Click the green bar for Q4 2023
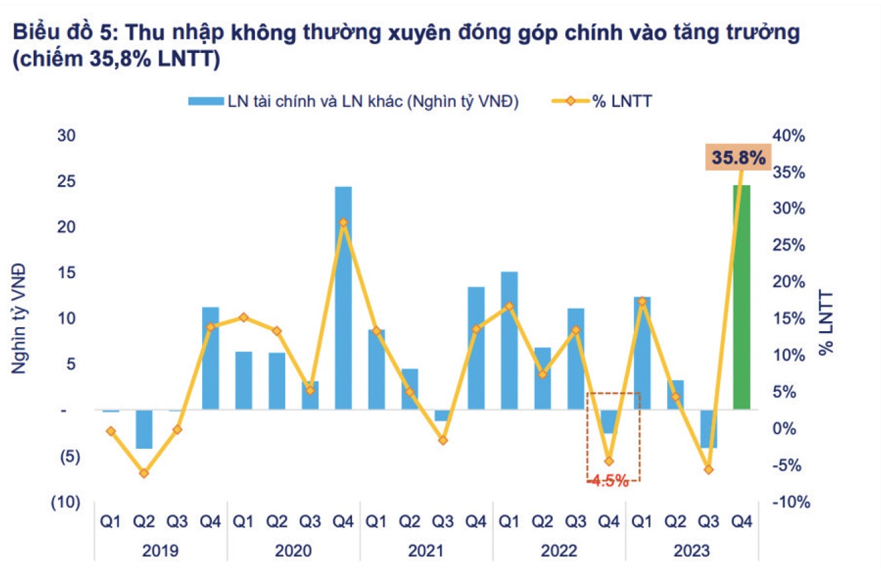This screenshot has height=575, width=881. [742, 297]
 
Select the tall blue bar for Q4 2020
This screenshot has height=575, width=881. [343, 297]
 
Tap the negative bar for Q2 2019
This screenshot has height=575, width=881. [144, 429]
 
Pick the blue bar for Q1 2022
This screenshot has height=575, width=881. [509, 340]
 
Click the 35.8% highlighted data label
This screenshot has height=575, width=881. [738, 159]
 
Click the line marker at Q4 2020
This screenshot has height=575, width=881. [343, 223]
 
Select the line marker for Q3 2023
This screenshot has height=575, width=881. [709, 469]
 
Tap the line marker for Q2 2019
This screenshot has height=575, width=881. [144, 473]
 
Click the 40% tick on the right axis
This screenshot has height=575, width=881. [790, 136]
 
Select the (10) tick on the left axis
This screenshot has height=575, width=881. [65, 502]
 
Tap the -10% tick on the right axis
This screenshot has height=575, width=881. [791, 502]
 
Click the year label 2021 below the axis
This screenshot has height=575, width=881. [426, 550]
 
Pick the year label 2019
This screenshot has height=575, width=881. [160, 550]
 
